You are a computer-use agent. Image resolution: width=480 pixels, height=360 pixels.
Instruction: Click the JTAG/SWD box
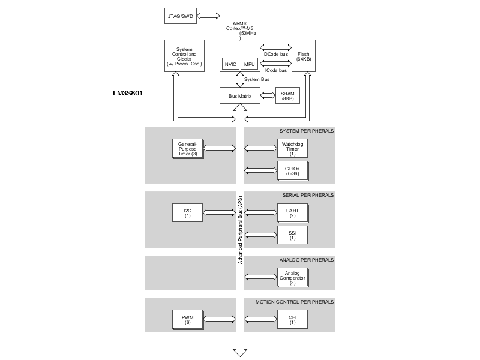(181, 16)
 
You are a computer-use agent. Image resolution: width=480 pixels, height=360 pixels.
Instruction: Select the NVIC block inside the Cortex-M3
(230, 64)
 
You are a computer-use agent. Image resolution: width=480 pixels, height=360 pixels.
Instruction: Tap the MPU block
(249, 64)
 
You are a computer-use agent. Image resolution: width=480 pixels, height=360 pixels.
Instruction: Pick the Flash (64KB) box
(304, 56)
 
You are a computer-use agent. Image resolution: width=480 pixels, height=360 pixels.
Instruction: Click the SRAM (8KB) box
(287, 95)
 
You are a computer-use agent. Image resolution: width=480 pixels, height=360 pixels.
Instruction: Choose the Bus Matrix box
(240, 95)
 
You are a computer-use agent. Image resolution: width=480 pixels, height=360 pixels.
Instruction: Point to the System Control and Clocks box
(184, 56)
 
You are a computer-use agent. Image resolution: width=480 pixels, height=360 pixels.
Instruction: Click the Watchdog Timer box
(292, 148)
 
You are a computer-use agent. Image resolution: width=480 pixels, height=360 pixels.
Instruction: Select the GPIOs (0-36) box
(293, 171)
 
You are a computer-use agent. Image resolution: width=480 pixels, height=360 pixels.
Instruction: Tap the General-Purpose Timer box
(188, 149)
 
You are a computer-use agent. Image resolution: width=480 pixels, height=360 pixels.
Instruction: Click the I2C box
(187, 213)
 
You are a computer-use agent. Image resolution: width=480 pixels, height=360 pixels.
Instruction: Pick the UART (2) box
(293, 214)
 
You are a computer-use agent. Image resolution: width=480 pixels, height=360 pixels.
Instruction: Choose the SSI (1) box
(292, 235)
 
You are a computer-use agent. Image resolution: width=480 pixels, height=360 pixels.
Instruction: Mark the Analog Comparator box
(293, 278)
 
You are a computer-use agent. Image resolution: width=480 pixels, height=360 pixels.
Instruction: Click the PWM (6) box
(188, 320)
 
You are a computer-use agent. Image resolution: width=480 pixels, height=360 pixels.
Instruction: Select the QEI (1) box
(292, 320)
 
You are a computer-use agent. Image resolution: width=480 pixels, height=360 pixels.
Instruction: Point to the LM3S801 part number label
(128, 93)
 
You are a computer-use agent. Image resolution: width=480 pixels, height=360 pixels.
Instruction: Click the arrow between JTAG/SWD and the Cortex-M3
(208, 16)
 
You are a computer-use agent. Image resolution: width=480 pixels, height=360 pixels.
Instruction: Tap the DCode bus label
(276, 54)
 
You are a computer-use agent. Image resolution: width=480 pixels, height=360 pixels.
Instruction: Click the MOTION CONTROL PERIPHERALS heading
(295, 302)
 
